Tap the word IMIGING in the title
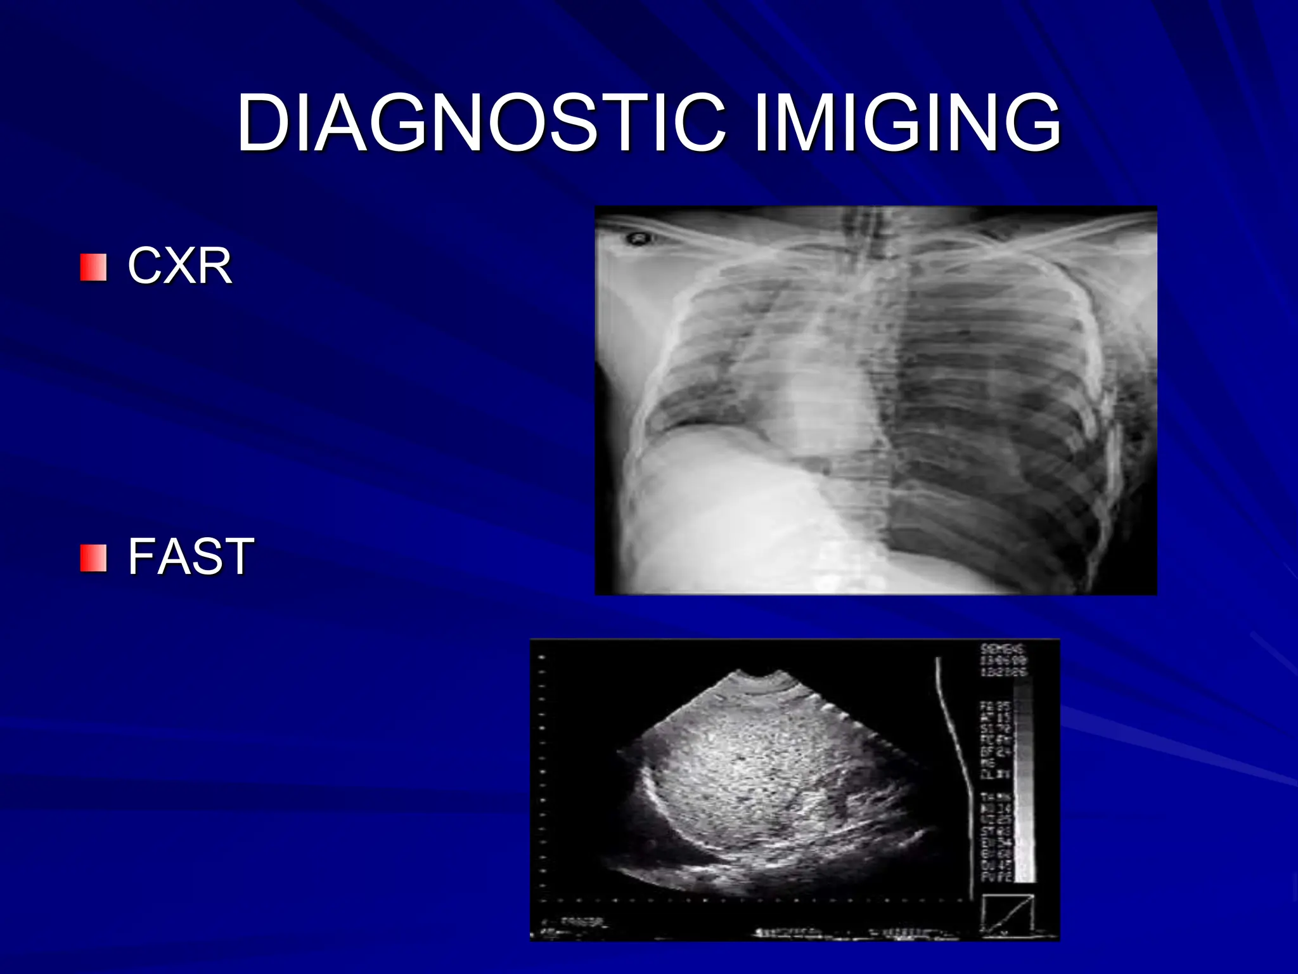point(907,122)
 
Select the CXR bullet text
point(180,266)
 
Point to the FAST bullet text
point(191,556)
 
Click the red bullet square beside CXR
point(93,267)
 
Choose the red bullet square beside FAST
point(93,557)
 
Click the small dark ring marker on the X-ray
point(636,239)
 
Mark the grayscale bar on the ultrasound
point(1022,780)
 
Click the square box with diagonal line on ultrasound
point(1008,913)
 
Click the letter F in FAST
point(141,556)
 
